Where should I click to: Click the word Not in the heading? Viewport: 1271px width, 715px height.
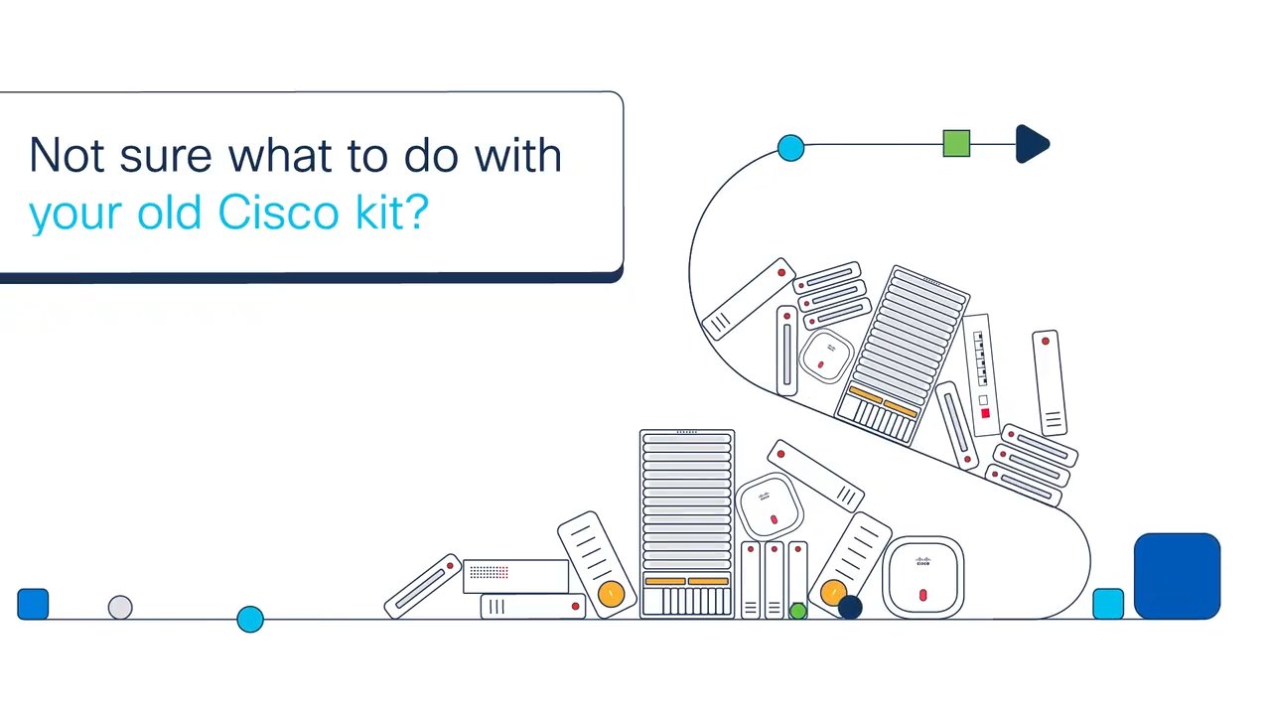click(x=67, y=154)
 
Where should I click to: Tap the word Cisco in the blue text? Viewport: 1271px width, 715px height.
click(x=278, y=213)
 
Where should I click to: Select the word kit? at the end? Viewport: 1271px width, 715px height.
click(x=391, y=212)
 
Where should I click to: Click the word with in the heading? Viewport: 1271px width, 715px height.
click(x=518, y=154)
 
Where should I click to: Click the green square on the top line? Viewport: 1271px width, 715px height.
click(x=956, y=144)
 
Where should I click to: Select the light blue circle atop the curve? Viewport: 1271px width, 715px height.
click(x=791, y=148)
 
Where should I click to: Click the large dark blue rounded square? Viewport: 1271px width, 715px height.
click(x=1177, y=576)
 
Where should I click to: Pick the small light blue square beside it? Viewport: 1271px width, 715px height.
click(x=1108, y=604)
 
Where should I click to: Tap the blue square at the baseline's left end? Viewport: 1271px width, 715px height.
click(x=33, y=604)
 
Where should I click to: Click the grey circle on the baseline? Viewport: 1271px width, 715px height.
click(x=120, y=608)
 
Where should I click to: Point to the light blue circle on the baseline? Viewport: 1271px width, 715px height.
click(x=250, y=619)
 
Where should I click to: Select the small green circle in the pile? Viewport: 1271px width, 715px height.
click(x=798, y=611)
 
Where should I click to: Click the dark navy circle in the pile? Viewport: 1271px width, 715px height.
click(x=850, y=607)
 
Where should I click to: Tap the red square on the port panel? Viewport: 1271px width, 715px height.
click(x=985, y=413)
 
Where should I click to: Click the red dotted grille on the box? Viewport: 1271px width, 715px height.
click(x=490, y=572)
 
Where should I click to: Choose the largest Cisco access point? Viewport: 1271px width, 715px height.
click(x=923, y=577)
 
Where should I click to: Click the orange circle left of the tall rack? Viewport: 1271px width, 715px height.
click(x=611, y=594)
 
